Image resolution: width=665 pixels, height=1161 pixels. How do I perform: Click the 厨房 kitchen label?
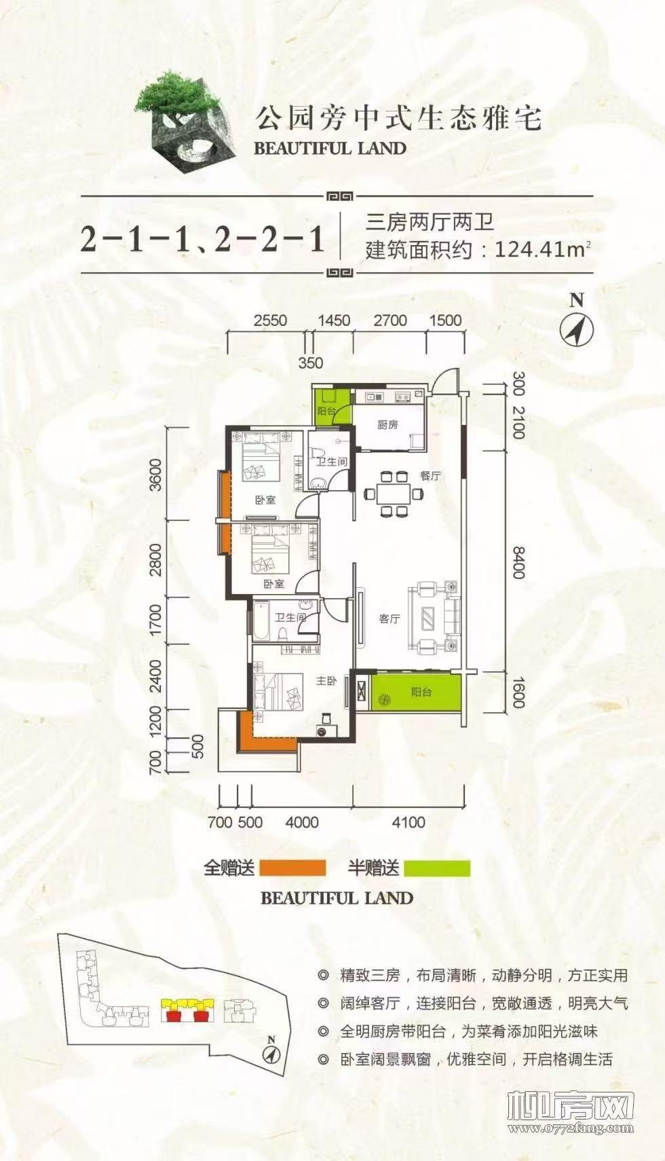(x=387, y=425)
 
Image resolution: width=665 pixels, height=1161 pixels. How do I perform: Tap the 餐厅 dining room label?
(x=430, y=475)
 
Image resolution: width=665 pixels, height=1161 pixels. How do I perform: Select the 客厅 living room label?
(x=389, y=619)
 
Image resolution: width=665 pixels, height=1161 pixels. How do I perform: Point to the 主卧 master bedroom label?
(x=327, y=680)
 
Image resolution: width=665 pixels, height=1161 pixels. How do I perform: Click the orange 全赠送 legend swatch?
(x=292, y=868)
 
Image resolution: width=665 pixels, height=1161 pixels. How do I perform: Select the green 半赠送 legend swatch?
(x=436, y=868)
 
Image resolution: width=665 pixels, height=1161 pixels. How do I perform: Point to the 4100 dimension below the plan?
(x=408, y=822)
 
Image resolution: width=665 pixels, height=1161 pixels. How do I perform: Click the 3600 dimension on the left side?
(x=157, y=475)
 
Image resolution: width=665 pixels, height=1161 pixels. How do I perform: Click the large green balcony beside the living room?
(x=417, y=693)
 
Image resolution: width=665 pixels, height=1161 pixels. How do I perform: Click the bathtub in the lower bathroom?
(x=261, y=620)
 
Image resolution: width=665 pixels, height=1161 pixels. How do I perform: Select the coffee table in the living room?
(x=430, y=618)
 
